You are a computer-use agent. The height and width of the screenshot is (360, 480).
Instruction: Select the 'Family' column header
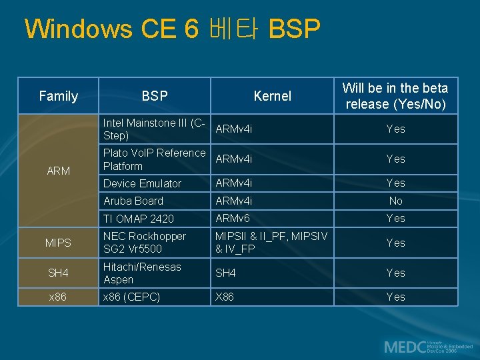point(59,96)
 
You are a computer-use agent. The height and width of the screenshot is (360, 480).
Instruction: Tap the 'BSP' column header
point(155,96)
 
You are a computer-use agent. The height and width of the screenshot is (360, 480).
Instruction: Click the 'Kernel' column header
point(272,96)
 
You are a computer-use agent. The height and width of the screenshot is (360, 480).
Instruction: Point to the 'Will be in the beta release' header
point(395,96)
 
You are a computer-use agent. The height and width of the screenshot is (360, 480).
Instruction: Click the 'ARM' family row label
point(59,171)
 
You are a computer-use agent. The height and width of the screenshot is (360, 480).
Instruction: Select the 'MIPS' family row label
point(59,243)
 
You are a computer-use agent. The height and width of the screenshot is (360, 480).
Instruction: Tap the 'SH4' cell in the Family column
point(59,273)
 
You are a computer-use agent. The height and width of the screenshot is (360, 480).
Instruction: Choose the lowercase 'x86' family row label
point(59,297)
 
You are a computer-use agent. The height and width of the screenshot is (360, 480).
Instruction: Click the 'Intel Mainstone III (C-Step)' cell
point(154,129)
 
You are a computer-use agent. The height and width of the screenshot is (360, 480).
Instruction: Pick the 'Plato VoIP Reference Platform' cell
point(154,159)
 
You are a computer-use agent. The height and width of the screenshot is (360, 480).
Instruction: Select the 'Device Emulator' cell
point(143,183)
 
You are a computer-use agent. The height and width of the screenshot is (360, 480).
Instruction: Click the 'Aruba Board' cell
point(134,201)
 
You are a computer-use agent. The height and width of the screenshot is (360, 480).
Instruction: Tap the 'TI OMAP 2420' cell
point(139,219)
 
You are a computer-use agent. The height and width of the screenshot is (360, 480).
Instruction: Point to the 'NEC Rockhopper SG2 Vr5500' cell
point(145,243)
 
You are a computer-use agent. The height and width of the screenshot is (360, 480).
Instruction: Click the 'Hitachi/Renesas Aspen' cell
point(142,273)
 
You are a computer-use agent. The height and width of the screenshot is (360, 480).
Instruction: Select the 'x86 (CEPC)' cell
point(131,297)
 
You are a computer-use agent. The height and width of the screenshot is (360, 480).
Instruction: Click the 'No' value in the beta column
point(395,201)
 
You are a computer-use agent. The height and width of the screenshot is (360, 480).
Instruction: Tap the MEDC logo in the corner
point(427,347)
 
